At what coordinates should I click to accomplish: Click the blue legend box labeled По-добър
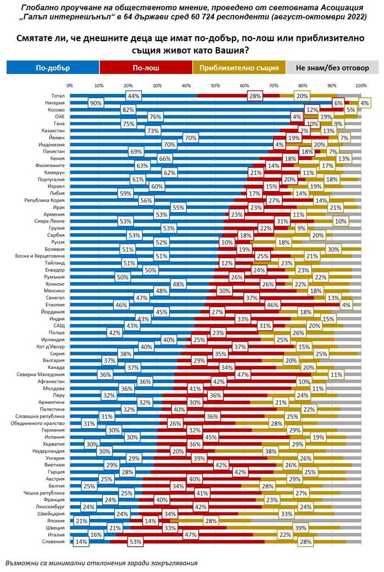click(53, 68)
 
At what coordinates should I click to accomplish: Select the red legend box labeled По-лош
click(146, 68)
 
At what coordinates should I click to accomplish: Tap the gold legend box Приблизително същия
click(239, 68)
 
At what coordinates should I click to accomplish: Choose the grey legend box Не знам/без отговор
click(332, 68)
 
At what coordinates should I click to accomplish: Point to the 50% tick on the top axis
click(215, 86)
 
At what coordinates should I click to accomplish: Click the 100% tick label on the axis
click(361, 86)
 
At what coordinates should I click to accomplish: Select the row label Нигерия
click(56, 103)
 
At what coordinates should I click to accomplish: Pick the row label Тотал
click(58, 96)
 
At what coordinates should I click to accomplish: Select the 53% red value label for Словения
click(135, 541)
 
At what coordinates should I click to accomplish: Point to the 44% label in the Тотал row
click(133, 96)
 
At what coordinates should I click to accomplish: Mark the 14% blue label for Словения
click(81, 541)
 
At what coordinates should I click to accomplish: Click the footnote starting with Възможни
click(101, 563)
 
